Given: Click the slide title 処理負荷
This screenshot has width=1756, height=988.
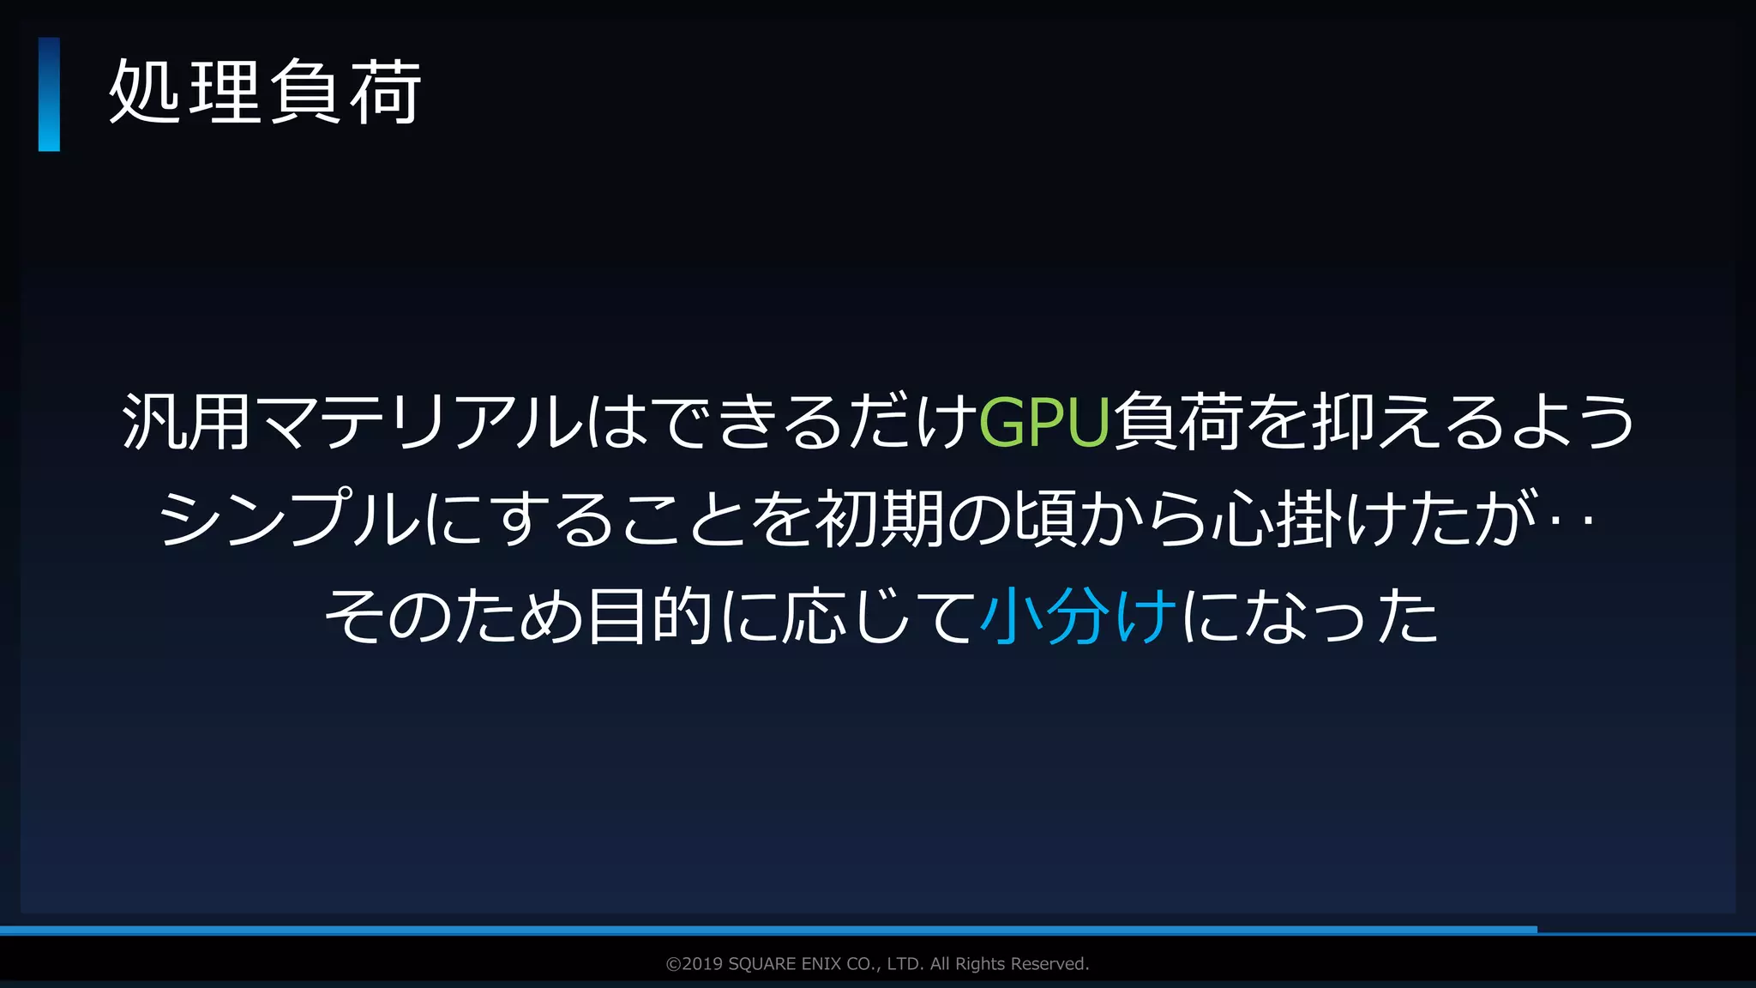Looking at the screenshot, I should (265, 93).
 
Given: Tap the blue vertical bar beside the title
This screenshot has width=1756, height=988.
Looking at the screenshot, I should (49, 94).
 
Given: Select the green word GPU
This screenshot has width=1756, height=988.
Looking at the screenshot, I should (1044, 422).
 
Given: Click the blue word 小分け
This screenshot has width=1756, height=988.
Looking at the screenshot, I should (1078, 616).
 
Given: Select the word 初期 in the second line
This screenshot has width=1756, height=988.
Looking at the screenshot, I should (880, 519).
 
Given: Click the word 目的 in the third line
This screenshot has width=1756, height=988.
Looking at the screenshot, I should (649, 616).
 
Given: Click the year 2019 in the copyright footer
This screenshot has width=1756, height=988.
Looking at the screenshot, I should (702, 964).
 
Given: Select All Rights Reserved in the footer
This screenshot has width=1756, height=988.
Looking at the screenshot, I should (1009, 964).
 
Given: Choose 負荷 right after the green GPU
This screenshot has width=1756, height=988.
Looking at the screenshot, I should (1177, 422).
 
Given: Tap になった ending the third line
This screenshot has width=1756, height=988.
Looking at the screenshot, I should (1309, 616).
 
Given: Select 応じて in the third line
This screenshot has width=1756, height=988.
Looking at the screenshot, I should (878, 616).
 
